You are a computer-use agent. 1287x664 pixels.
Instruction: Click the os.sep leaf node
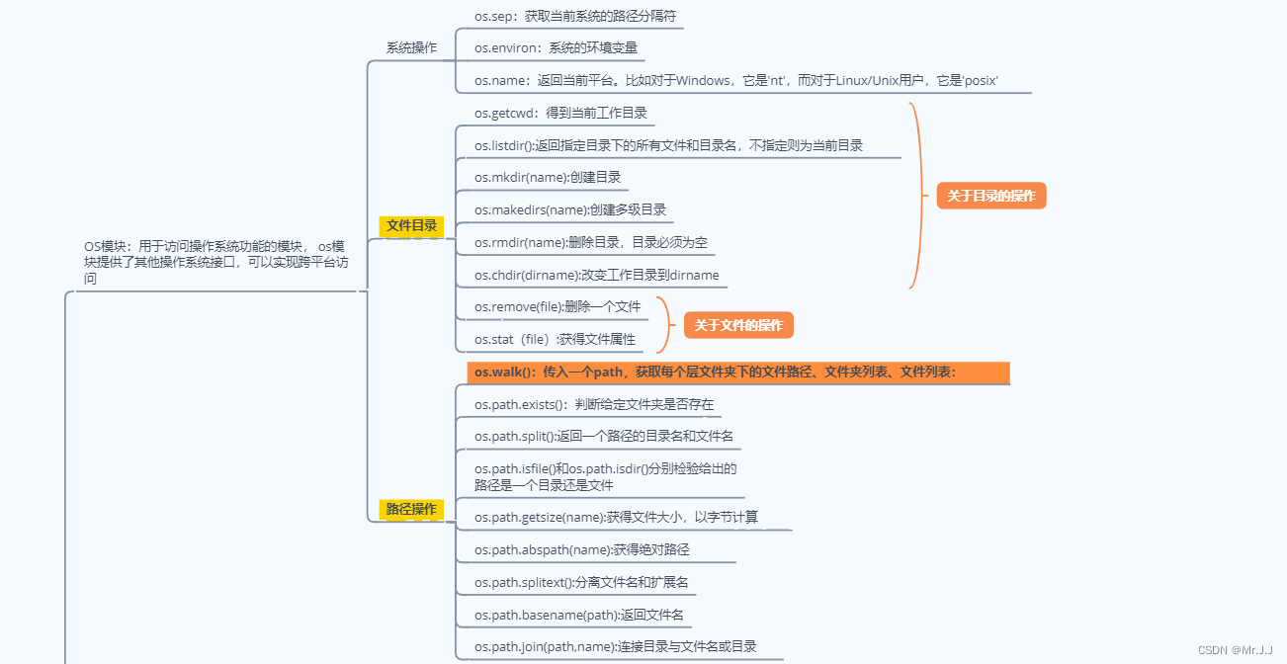click(x=574, y=17)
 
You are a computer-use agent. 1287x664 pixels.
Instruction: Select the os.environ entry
click(x=556, y=47)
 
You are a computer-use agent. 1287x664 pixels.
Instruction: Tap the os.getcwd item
click(x=560, y=113)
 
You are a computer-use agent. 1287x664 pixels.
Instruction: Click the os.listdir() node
click(x=668, y=145)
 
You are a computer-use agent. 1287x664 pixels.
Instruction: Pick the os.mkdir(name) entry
click(x=548, y=178)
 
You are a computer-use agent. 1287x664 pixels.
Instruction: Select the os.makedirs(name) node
click(x=570, y=209)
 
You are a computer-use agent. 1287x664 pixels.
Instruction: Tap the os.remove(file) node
click(x=558, y=306)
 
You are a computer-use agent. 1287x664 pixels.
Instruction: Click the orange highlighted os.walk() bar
click(x=737, y=373)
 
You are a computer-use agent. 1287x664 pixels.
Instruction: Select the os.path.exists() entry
click(x=593, y=404)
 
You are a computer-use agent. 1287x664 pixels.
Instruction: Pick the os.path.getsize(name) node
click(x=616, y=517)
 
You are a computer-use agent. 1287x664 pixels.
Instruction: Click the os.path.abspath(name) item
click(x=581, y=549)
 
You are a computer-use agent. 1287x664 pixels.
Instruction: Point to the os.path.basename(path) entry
click(x=578, y=615)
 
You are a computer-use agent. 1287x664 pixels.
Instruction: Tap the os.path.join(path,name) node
click(x=615, y=646)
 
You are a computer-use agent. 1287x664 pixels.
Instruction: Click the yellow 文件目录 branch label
click(x=412, y=226)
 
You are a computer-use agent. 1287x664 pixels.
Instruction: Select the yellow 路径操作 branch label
click(x=411, y=510)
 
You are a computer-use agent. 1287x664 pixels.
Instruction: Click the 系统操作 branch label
click(x=411, y=47)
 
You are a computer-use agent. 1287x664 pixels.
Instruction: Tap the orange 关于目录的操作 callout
click(x=990, y=196)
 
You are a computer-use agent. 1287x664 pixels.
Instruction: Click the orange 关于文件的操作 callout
click(x=738, y=325)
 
